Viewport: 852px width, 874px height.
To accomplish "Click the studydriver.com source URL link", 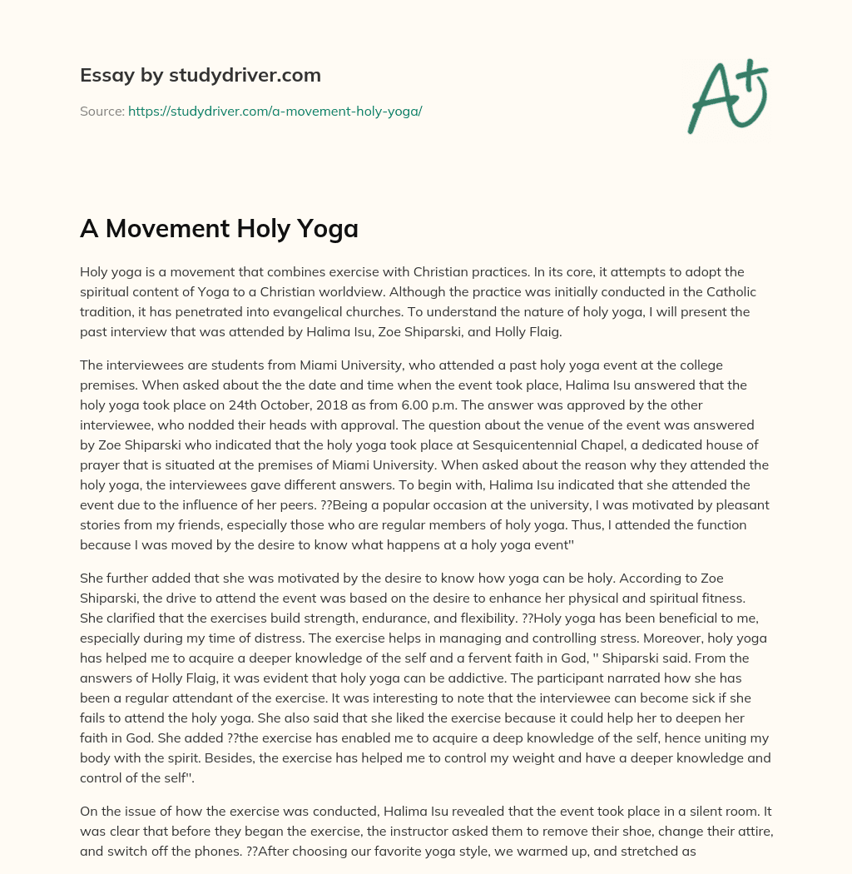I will tap(275, 111).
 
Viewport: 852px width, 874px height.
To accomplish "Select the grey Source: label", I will tap(102, 111).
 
